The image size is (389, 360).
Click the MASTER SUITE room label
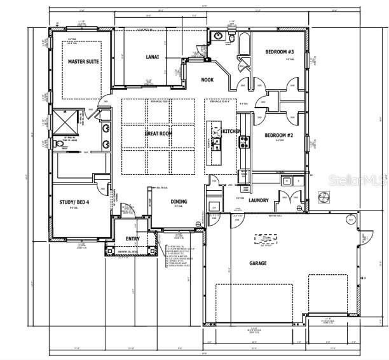tap(83, 61)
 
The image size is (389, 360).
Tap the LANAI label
tap(152, 57)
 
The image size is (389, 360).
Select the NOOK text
tap(207, 80)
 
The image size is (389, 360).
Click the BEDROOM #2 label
tap(278, 135)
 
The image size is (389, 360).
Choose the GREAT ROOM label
tap(158, 134)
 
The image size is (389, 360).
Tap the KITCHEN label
tap(231, 132)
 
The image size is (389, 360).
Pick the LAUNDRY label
tap(258, 200)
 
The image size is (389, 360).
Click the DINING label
tap(179, 202)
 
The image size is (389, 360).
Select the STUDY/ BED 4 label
tap(74, 202)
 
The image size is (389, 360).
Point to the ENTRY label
tap(132, 239)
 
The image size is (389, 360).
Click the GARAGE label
tap(257, 263)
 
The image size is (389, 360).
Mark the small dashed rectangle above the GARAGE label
tap(267, 239)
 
